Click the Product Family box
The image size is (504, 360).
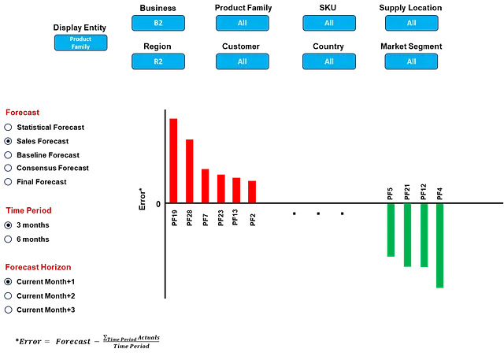[80, 43]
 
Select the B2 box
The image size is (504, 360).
[158, 23]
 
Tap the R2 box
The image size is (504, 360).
[158, 61]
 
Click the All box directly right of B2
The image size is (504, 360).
[242, 23]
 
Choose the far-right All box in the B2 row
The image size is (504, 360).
[411, 23]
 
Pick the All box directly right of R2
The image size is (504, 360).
[242, 61]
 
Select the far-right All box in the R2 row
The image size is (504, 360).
[411, 61]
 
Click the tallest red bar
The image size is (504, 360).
[174, 158]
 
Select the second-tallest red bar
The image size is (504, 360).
[189, 169]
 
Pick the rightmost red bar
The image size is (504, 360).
[252, 189]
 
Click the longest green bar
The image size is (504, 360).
[440, 247]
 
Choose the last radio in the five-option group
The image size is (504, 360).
[9, 181]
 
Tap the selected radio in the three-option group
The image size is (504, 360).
[9, 281]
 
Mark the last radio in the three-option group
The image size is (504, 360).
[9, 310]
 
